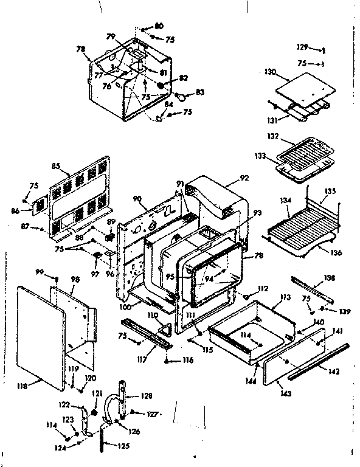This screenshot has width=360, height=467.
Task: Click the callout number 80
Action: [x=159, y=26]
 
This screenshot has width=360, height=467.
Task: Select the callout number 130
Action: [x=271, y=72]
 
